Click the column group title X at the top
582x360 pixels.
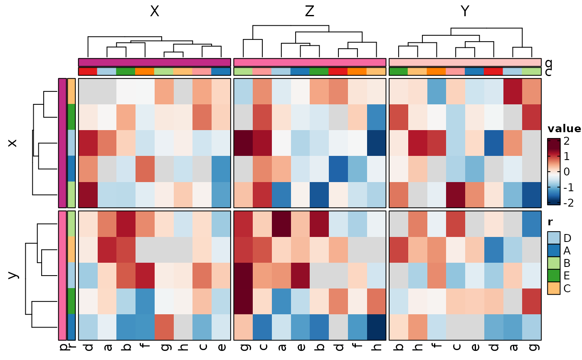tap(154, 12)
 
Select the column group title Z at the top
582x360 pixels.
tap(310, 12)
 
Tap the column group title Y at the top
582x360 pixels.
tap(465, 12)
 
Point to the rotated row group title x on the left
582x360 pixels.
tap(13, 143)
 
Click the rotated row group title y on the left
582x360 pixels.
tap(13, 275)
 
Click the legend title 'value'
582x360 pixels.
tap(564, 128)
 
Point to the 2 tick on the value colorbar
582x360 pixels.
tap(567, 141)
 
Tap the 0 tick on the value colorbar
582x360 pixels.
tap(567, 172)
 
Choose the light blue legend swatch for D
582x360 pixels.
tap(554, 238)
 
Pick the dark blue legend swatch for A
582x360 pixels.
tap(554, 251)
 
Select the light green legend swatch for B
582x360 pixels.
tap(554, 263)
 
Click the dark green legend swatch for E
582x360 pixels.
tap(554, 276)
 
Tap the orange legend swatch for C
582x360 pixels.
tap(554, 288)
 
